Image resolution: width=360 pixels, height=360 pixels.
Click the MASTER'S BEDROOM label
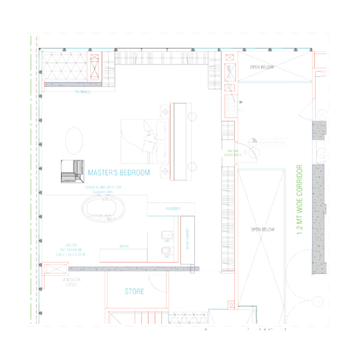pyautogui.click(x=119, y=173)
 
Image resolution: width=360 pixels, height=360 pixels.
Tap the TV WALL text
pyautogui.click(x=82, y=92)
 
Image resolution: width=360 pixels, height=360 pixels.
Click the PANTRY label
pyautogui.click(x=173, y=209)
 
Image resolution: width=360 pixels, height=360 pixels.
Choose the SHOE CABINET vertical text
pyautogui.click(x=187, y=239)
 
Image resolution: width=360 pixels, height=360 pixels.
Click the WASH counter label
pyautogui.click(x=124, y=247)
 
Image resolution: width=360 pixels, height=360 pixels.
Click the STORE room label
pyautogui.click(x=135, y=292)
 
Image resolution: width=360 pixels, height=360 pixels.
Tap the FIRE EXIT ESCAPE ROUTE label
pyautogui.click(x=233, y=153)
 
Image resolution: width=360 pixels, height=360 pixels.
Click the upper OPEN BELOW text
pyautogui.click(x=262, y=67)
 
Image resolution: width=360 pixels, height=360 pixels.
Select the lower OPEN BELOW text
pyautogui.click(x=263, y=229)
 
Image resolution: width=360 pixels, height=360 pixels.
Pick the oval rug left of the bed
pyautogui.click(x=74, y=141)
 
